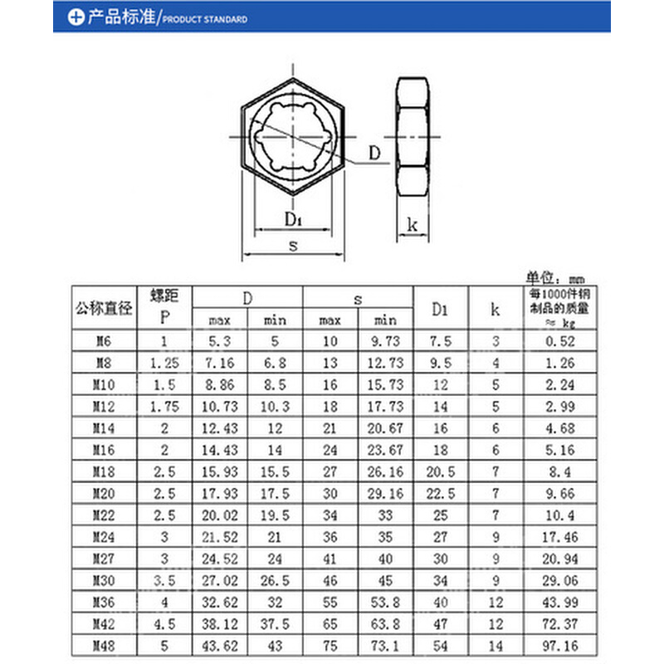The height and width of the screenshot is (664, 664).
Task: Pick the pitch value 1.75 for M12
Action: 164,406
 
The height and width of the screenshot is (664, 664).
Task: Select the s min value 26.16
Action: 385,471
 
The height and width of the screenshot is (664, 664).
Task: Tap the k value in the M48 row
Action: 495,645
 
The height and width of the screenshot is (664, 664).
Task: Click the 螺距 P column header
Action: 164,305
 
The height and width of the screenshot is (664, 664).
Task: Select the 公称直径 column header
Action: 104,308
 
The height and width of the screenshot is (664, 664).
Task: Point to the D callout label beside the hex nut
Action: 374,153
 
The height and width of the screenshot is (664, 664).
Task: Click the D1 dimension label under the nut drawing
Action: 292,219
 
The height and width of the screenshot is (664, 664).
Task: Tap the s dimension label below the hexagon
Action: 292,245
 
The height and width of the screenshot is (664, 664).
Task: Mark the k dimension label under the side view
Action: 412,224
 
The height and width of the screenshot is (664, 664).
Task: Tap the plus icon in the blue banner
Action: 76,17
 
